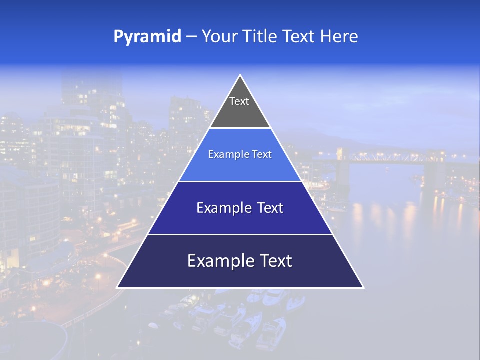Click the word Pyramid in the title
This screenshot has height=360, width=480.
(x=147, y=37)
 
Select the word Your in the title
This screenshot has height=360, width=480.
(x=220, y=36)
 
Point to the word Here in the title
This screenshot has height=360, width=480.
(x=339, y=36)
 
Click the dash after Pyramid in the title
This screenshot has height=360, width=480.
(x=191, y=37)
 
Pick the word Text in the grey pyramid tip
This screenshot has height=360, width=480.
(x=239, y=101)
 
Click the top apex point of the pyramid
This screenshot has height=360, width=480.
(x=240, y=75)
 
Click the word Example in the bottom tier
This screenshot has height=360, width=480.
(x=217, y=261)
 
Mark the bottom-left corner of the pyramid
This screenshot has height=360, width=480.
(x=117, y=287)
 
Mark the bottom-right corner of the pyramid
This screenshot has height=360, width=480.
(x=363, y=287)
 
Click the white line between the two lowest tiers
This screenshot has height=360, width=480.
(x=240, y=234)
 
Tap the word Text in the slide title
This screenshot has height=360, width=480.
(x=299, y=36)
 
